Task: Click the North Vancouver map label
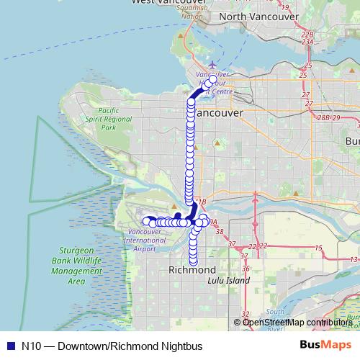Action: tap(258, 16)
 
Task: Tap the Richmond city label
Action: tap(192, 270)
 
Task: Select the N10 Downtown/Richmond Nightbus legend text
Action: tap(112, 346)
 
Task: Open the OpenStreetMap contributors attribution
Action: tap(297, 322)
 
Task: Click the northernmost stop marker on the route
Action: tap(212, 80)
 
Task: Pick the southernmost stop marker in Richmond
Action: tap(193, 261)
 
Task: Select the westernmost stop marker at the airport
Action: tap(146, 222)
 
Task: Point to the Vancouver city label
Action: tap(219, 114)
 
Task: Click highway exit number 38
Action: tap(220, 232)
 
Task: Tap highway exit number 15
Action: tap(318, 248)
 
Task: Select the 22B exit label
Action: tap(308, 34)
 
